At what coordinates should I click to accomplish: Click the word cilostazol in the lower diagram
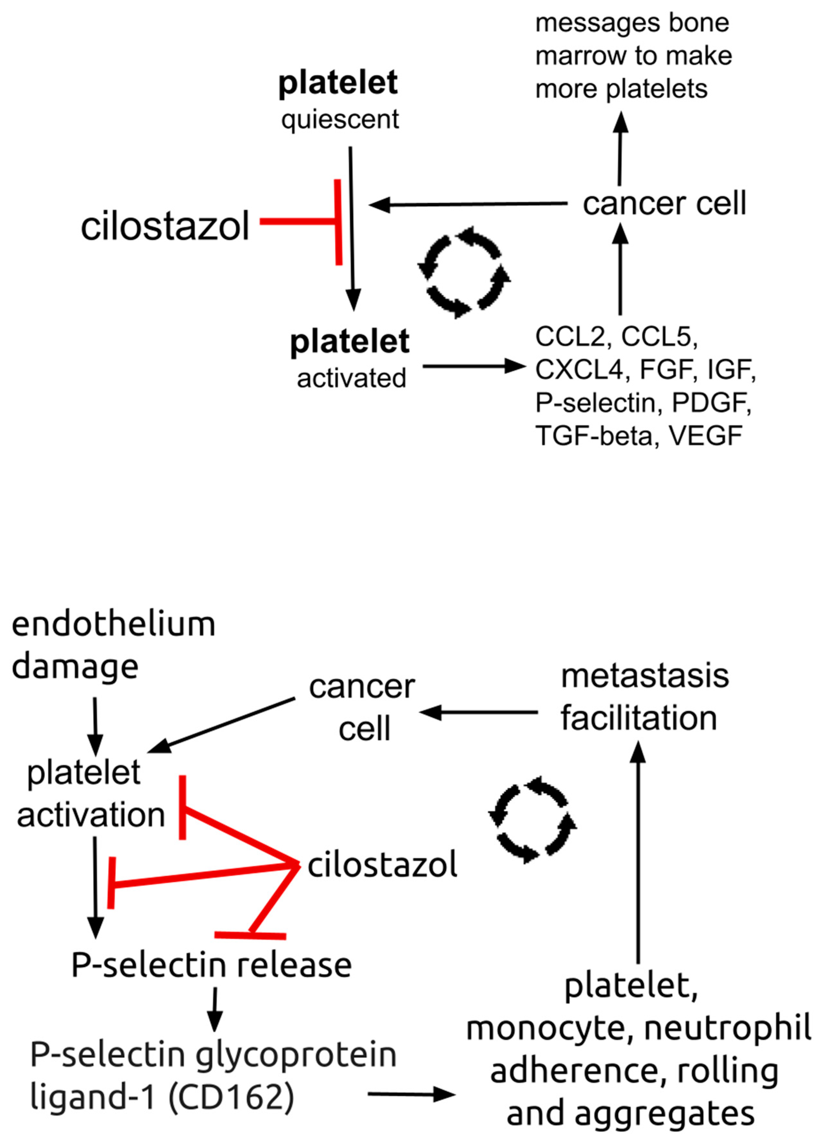[x=382, y=864]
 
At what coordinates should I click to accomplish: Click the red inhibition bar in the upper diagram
[x=338, y=222]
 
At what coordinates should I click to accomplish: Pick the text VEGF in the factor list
[x=705, y=435]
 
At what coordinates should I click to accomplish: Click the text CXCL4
[x=579, y=369]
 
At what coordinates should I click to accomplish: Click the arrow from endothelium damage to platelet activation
[x=95, y=726]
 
